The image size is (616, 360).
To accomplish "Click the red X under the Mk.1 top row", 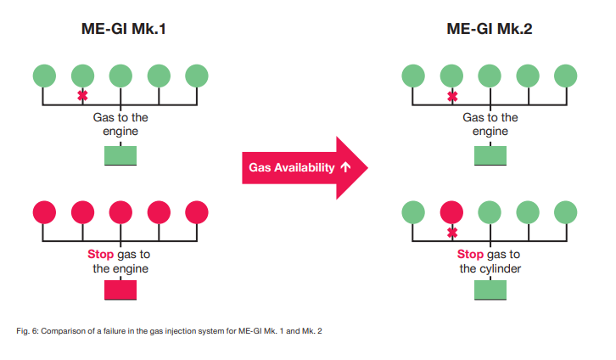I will pos(81,96).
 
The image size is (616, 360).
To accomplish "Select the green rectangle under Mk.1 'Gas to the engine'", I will pos(120,155).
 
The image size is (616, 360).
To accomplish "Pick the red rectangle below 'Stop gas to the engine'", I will pos(120,290).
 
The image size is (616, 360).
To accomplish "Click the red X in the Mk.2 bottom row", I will pos(451,232).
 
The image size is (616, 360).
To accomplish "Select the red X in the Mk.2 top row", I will pos(451,96).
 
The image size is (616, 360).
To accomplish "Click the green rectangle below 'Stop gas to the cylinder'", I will pos(490,290).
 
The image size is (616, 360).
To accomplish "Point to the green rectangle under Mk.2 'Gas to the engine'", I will pos(490,155).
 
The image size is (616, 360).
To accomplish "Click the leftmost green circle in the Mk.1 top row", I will pos(44,75).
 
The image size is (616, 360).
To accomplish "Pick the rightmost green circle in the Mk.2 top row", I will pos(566,75).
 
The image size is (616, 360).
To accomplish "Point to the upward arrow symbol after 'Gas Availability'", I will pos(345,168).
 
